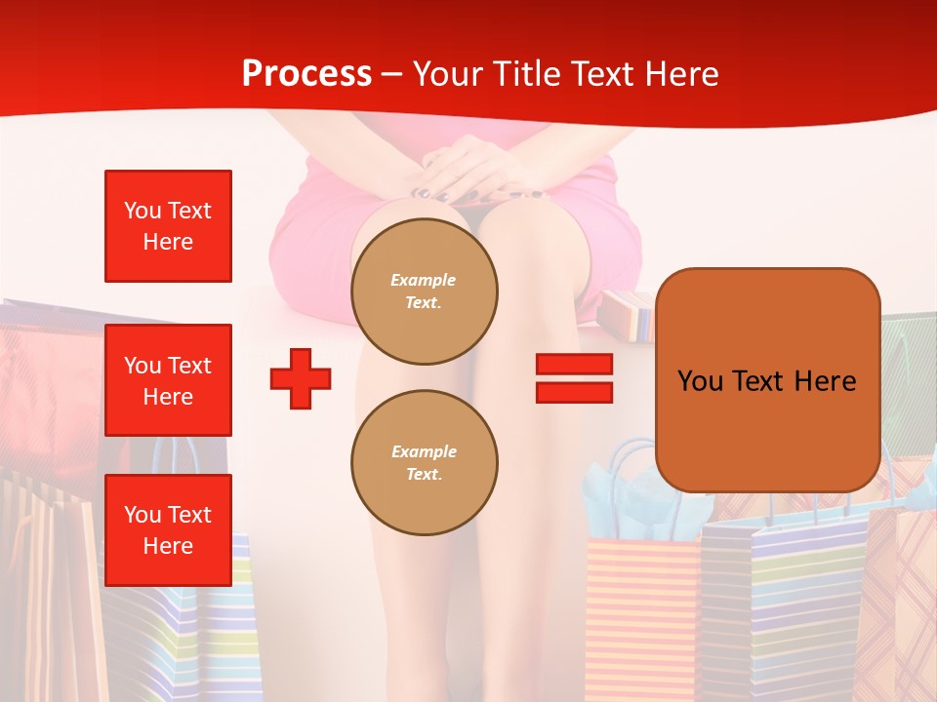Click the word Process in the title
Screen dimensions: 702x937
(x=306, y=74)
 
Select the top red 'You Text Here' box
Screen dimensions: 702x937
(x=168, y=226)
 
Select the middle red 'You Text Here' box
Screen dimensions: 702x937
(x=168, y=380)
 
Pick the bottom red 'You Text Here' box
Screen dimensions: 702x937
(x=168, y=530)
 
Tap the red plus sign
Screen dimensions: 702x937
(x=301, y=378)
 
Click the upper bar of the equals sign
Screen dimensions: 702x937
(x=574, y=364)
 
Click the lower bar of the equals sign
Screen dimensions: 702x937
(x=574, y=392)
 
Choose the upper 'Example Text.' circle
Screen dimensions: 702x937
(x=424, y=292)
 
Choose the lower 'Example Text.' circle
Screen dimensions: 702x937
(x=424, y=463)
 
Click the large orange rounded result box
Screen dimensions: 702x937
(x=767, y=380)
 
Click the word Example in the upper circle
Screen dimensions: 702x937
(x=424, y=280)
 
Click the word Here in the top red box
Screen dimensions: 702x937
(x=168, y=242)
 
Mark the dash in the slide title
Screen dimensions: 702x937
(x=391, y=74)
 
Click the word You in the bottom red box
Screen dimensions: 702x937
(x=142, y=515)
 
